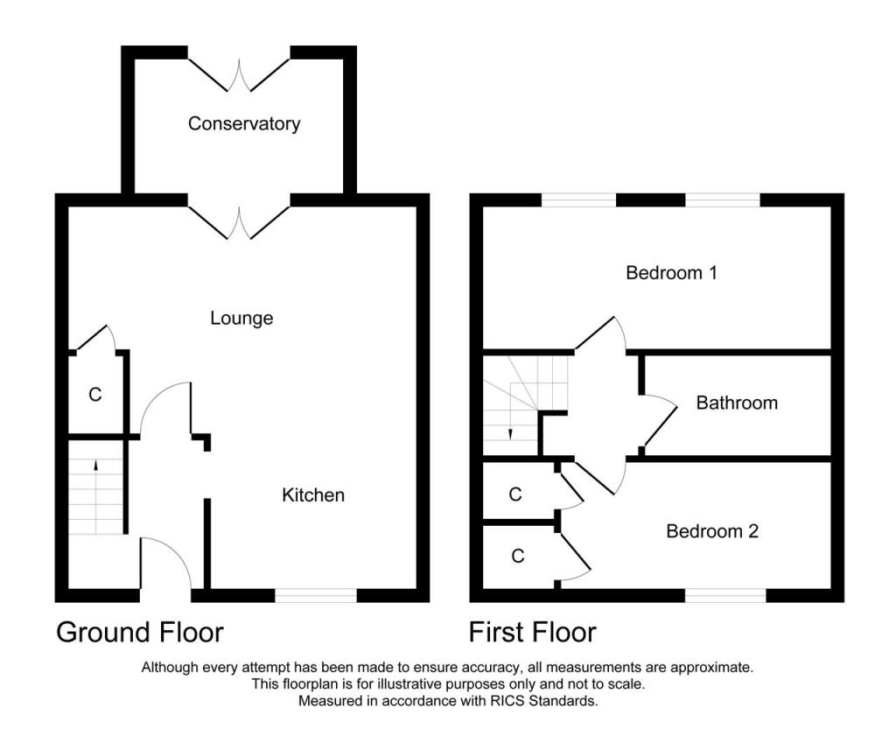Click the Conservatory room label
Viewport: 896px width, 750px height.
point(244,123)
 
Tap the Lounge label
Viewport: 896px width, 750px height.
point(241,318)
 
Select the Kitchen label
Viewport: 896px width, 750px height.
point(312,495)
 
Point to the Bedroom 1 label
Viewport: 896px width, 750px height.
point(671,273)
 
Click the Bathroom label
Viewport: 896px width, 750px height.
point(737,403)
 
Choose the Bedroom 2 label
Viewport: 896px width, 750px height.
point(712,531)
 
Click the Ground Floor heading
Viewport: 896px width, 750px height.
point(140,632)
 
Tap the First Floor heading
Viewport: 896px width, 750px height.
point(532,632)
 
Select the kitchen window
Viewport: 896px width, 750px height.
point(316,596)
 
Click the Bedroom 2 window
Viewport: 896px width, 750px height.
point(725,596)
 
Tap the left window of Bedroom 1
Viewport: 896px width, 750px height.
point(578,200)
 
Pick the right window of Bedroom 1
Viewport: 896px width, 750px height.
point(722,200)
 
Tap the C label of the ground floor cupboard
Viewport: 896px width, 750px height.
point(95,395)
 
